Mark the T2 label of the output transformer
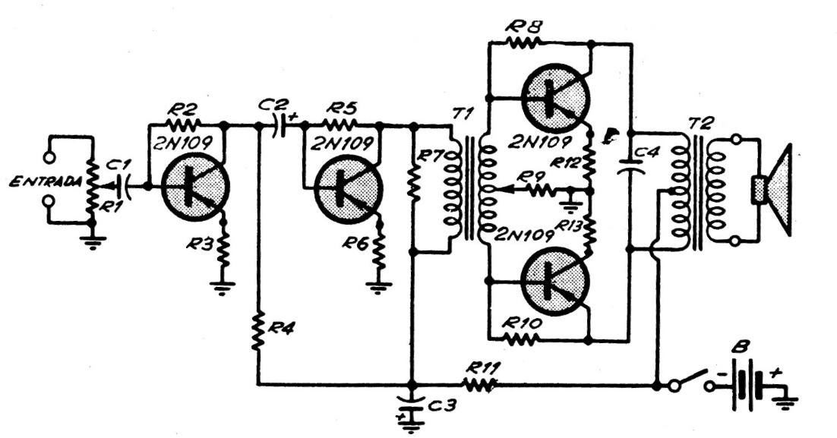coord(696,124)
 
